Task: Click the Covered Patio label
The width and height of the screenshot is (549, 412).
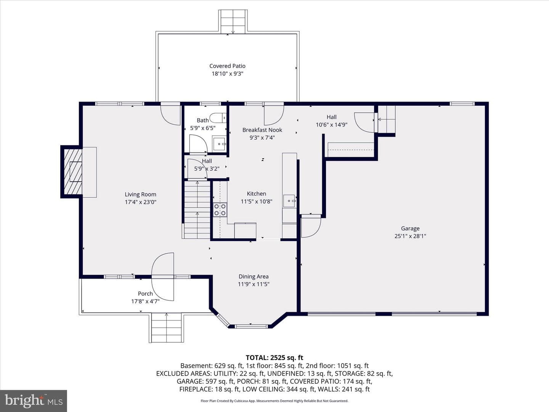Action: pos(227,66)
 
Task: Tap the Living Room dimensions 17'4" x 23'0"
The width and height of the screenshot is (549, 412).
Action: pos(141,202)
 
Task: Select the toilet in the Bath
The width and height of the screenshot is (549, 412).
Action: pos(218,118)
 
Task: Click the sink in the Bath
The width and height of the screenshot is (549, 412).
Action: pos(219,144)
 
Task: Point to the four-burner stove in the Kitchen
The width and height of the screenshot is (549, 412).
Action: pos(220,210)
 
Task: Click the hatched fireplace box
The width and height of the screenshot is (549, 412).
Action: pos(73,172)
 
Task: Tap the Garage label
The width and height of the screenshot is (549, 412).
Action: pos(410,229)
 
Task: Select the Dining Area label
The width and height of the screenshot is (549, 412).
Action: pos(254,277)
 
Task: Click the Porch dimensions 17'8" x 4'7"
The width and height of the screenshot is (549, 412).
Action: pos(145,301)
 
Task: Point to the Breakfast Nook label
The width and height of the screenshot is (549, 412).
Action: pos(262,130)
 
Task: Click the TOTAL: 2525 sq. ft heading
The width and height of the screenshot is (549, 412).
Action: pos(274,358)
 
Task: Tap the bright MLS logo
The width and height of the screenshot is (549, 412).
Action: pos(34,401)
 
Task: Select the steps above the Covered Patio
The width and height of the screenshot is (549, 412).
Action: pos(233,21)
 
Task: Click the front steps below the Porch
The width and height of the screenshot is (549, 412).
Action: pos(167,328)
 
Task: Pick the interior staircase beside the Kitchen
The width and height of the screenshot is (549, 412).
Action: pos(197,209)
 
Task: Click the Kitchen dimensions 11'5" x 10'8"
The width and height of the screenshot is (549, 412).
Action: pos(256,201)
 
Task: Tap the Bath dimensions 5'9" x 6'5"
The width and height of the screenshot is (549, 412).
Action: pos(203,128)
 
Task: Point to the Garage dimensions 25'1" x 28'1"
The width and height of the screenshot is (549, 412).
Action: pos(410,236)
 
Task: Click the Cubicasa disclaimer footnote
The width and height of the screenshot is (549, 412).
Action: pos(274,401)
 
